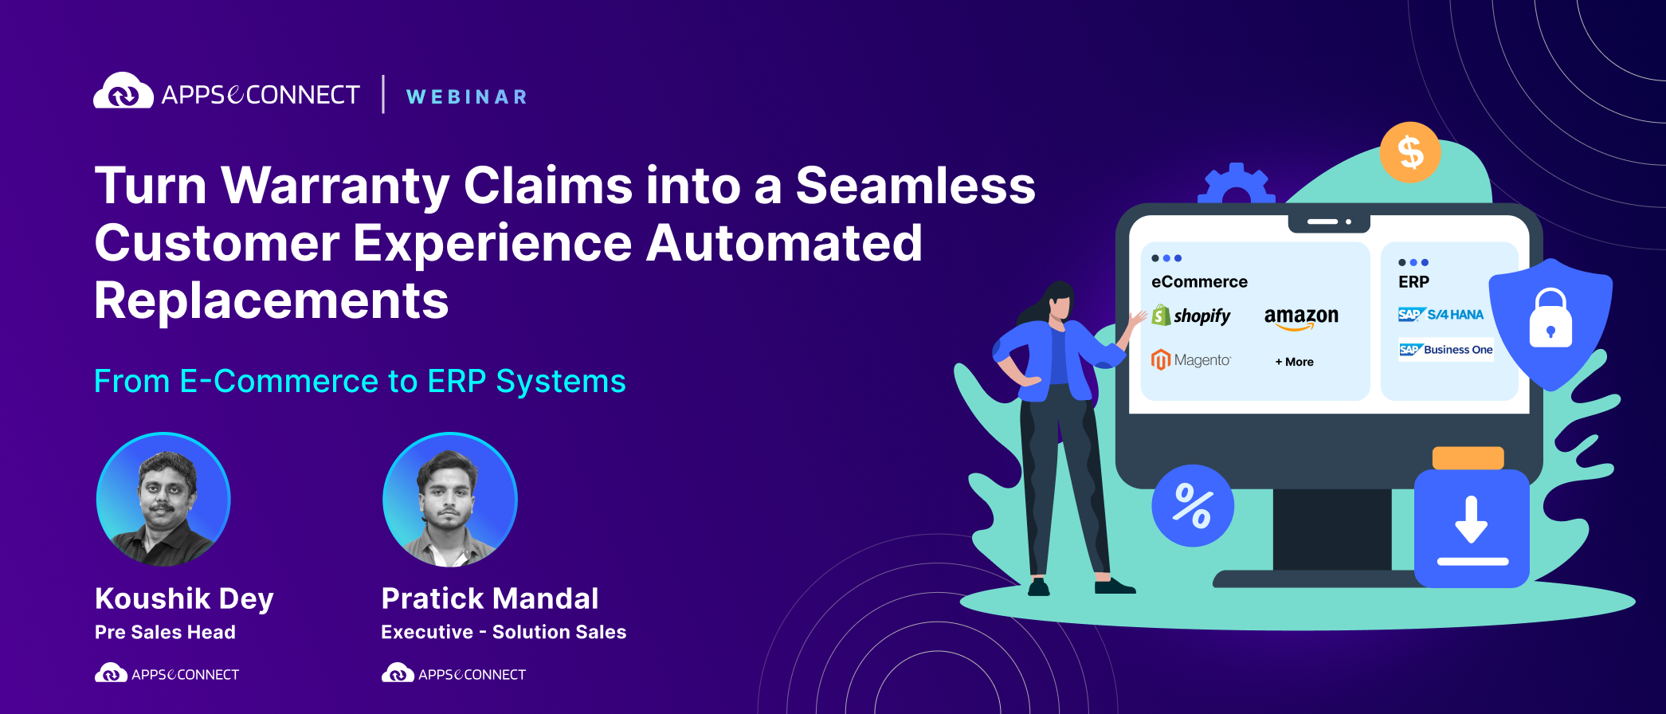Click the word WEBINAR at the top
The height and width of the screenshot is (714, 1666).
tap(467, 97)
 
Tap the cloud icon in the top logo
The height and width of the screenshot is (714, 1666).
tap(123, 92)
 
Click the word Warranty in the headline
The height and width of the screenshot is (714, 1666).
tap(335, 186)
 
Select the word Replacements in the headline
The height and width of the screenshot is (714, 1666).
tap(271, 301)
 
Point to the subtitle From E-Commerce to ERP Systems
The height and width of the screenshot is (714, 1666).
tap(359, 382)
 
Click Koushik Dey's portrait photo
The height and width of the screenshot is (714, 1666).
tap(163, 500)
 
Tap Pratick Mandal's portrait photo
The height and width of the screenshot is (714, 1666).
tap(449, 500)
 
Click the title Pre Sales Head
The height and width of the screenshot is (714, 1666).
tap(165, 632)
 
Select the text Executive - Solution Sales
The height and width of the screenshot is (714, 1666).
tap(504, 632)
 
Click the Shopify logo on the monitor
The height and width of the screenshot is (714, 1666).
tap(1191, 316)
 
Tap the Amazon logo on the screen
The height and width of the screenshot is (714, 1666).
tap(1301, 316)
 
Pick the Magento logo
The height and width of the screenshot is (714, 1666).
tap(1191, 360)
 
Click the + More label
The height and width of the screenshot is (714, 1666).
tap(1294, 362)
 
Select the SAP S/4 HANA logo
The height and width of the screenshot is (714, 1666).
tap(1441, 315)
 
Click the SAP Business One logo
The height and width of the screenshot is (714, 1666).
tap(1445, 350)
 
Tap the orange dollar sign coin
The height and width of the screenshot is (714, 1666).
tap(1409, 152)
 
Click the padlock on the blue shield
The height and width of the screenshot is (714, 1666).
tap(1550, 320)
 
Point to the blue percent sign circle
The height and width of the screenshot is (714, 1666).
tap(1192, 506)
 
